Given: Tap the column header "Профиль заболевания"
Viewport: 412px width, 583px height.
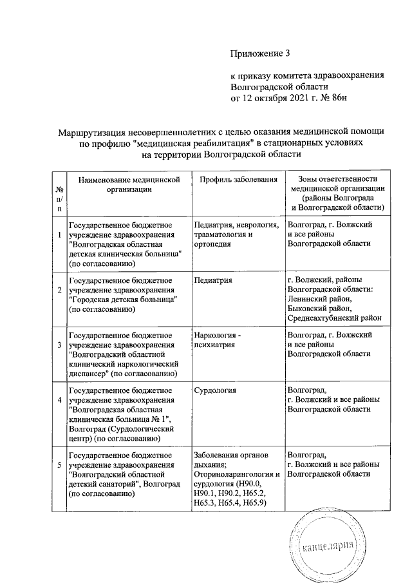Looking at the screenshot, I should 238,179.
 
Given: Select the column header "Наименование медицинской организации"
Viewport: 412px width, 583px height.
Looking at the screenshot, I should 126,184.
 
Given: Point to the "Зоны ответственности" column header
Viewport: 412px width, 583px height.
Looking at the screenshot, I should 338,179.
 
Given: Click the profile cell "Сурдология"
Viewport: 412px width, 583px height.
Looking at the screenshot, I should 214,390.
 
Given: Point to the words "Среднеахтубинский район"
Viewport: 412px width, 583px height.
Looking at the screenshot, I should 335,316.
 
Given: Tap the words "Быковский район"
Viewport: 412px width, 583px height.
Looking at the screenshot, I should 320,307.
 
